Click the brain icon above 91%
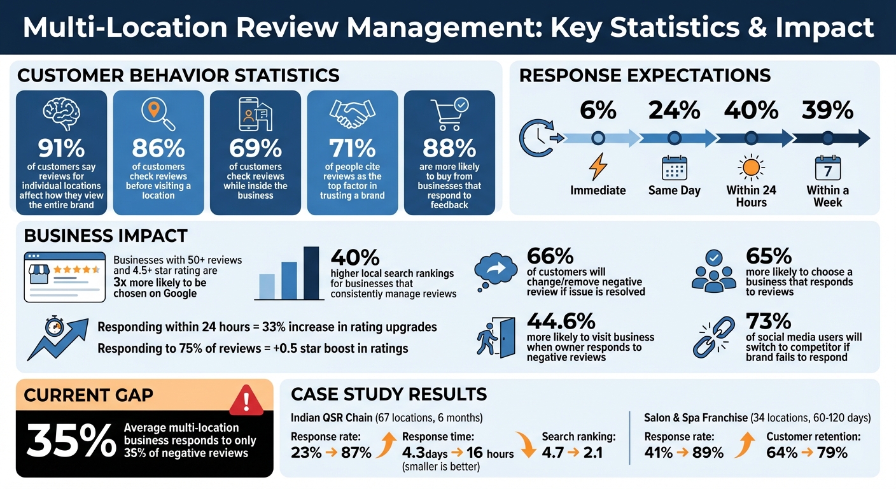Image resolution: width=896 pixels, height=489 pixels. click(61, 111)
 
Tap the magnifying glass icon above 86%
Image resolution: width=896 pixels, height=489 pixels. click(157, 111)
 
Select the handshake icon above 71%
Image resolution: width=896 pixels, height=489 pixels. click(352, 113)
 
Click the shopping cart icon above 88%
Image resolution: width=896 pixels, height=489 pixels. click(449, 113)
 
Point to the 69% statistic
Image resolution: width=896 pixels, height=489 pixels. click(255, 148)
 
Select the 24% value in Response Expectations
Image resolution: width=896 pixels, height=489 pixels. click(674, 111)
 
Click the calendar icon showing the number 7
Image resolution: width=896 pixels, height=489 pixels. click(827, 169)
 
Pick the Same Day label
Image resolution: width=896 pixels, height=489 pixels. click(674, 190)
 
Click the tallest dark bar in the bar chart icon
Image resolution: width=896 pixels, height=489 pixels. click(311, 273)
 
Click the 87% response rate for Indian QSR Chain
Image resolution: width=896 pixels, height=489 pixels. click(356, 453)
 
